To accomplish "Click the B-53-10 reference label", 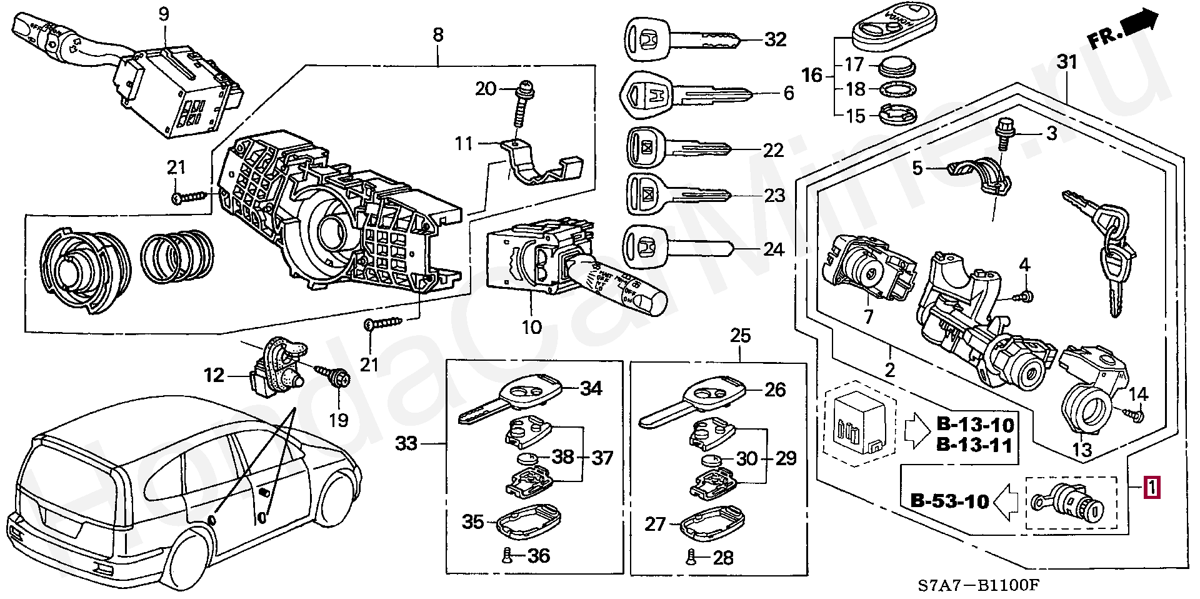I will coord(949,501).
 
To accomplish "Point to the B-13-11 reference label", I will coord(974,445).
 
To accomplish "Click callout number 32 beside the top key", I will coord(775,39).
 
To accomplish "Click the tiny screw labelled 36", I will coord(508,555).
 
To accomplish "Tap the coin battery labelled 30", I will coord(711,460).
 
